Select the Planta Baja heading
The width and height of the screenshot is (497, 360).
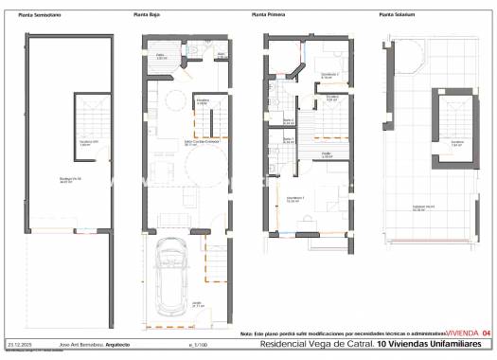146,15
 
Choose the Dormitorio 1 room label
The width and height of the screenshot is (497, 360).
293,200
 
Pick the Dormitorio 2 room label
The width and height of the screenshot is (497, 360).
328,75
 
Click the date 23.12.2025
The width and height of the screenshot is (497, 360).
19,344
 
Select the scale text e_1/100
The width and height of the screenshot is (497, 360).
197,344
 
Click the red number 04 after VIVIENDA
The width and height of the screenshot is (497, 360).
487,333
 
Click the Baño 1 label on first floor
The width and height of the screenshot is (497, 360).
289,141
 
